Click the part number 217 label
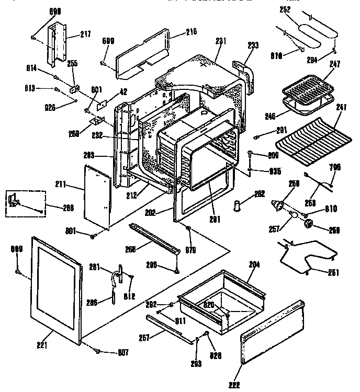coord(85,34)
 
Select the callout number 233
coord(253,45)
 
